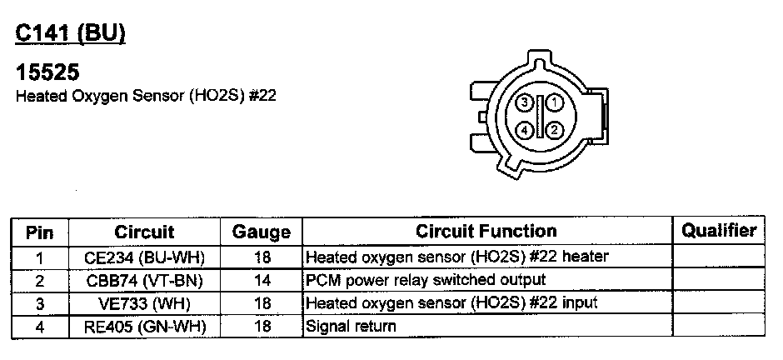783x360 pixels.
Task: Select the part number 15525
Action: coord(47,72)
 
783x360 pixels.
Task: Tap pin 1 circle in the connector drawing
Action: coord(556,102)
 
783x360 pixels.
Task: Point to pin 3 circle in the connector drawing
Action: coord(524,102)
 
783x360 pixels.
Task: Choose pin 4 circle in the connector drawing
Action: coord(524,130)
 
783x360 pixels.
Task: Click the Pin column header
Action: coord(39,231)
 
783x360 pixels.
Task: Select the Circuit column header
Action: coord(144,231)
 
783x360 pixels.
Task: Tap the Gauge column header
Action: coord(261,232)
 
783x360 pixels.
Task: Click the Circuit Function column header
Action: coord(486,231)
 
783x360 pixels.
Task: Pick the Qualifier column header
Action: coord(718,231)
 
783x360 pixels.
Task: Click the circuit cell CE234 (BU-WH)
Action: coord(144,257)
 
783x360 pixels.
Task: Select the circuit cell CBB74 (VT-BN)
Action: coord(144,280)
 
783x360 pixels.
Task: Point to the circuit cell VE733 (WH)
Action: coord(144,303)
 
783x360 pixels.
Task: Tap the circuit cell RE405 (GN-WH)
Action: coord(144,327)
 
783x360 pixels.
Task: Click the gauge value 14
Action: coord(261,280)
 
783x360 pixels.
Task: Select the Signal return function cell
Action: coord(351,327)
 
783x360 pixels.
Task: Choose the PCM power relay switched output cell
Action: coord(426,280)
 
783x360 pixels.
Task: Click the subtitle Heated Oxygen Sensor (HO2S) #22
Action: coord(146,96)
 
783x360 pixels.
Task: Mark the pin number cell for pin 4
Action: coord(39,327)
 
